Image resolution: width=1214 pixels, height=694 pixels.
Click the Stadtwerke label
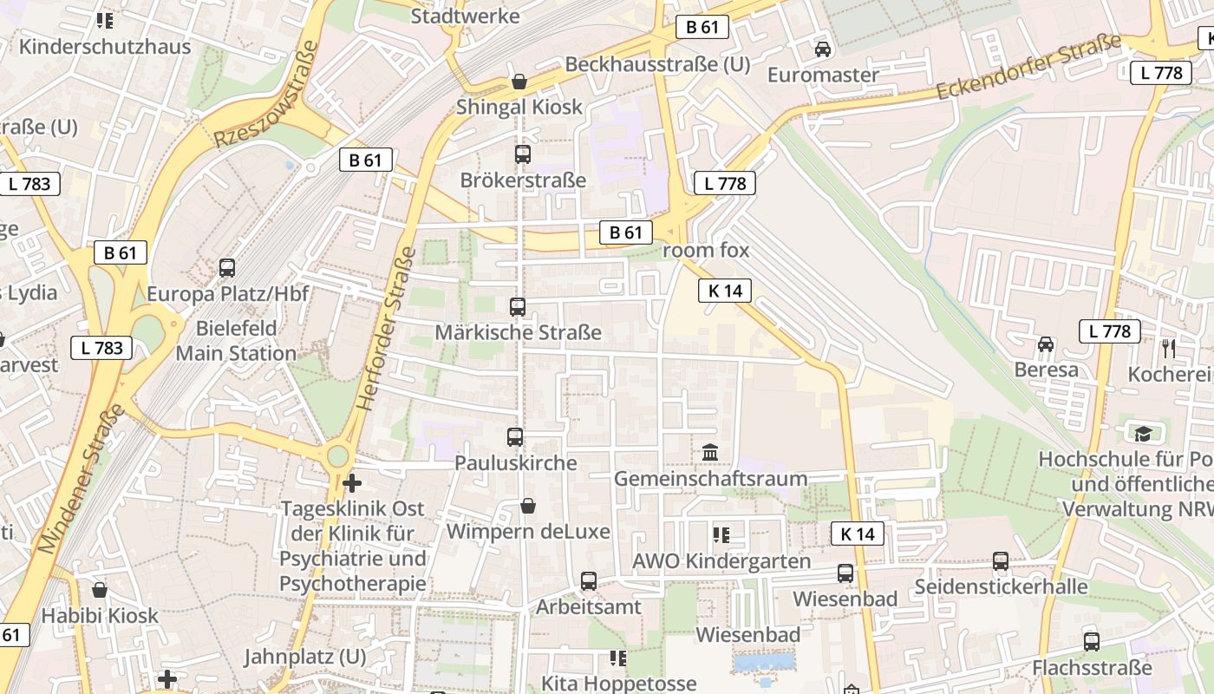(x=465, y=16)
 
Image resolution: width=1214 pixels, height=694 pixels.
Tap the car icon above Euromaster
(x=823, y=49)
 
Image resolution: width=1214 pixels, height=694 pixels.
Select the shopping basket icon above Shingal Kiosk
(x=519, y=82)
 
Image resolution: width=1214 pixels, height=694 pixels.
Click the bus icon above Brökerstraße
(x=522, y=154)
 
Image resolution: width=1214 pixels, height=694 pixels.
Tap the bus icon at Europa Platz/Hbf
(x=227, y=268)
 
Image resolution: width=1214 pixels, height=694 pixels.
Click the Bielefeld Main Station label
(x=236, y=341)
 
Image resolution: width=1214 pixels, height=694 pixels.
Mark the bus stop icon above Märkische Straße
(x=518, y=306)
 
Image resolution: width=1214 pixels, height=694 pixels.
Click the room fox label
(x=706, y=251)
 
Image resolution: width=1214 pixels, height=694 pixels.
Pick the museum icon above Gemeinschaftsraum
(x=710, y=452)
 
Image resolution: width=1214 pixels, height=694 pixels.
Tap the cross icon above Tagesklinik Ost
(x=352, y=482)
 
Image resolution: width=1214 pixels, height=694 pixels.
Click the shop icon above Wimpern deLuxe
(x=527, y=505)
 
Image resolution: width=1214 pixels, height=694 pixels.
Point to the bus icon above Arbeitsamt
(x=589, y=580)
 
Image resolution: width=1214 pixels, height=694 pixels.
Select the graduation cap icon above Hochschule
(x=1143, y=432)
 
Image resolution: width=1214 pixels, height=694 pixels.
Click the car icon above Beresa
(x=1046, y=344)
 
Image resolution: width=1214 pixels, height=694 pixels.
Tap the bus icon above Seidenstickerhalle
(x=1001, y=561)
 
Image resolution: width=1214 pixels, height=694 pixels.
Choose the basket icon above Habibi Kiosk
(x=100, y=590)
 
